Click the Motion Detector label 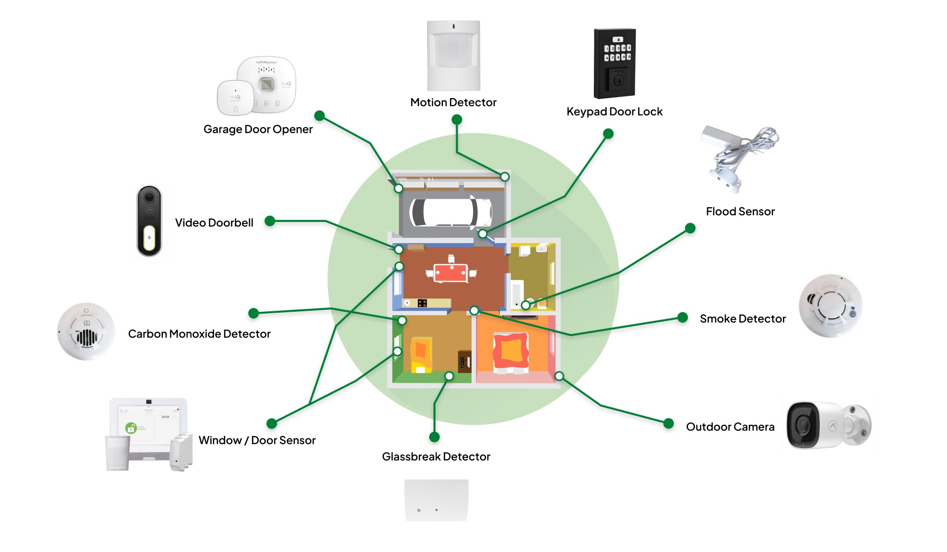pyautogui.click(x=453, y=102)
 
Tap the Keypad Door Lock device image pyautogui.click(x=615, y=63)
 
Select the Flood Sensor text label pyautogui.click(x=740, y=212)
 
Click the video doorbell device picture pyautogui.click(x=149, y=221)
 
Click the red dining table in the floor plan pyautogui.click(x=450, y=273)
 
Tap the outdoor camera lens pyautogui.click(x=802, y=425)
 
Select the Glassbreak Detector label pyautogui.click(x=436, y=457)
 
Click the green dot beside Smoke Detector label pyautogui.click(x=683, y=317)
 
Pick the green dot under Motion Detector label pyautogui.click(x=457, y=119)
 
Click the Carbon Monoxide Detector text pyautogui.click(x=199, y=334)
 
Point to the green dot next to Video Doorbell pyautogui.click(x=269, y=221)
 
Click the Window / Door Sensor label pyautogui.click(x=257, y=441)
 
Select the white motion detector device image pyautogui.click(x=453, y=55)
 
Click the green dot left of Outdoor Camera pyautogui.click(x=668, y=423)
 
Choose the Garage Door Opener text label pyautogui.click(x=258, y=129)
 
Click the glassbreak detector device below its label pyautogui.click(x=436, y=500)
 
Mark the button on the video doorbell pyautogui.click(x=149, y=238)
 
